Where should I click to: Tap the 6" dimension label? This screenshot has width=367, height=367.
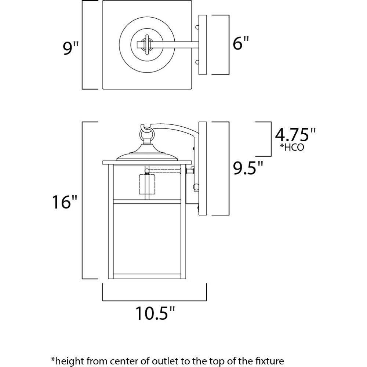241,44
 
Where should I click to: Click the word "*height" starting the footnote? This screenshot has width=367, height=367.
66,360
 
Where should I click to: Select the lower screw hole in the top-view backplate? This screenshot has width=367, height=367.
197,62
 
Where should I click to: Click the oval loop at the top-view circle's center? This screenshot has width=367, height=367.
147,45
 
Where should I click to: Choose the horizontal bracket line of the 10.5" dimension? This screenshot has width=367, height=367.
154,299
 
